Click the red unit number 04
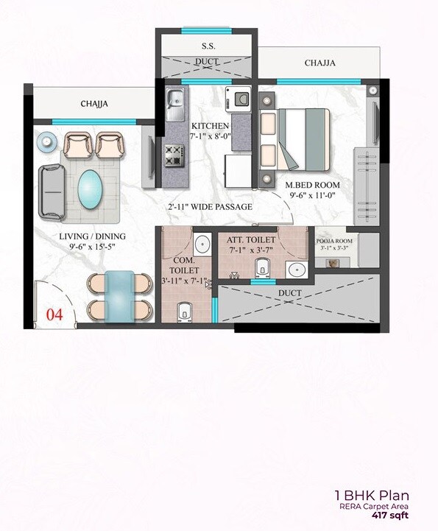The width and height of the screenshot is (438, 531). (54, 314)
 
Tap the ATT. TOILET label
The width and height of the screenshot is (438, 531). (251, 240)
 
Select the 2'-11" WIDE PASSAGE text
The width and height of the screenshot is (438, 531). (210, 207)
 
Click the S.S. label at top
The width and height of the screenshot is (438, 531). (208, 46)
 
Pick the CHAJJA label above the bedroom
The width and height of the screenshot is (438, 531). (320, 63)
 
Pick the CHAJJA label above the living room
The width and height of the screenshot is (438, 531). (94, 104)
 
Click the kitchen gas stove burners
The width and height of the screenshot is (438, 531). (174, 155)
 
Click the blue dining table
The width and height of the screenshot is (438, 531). (119, 295)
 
